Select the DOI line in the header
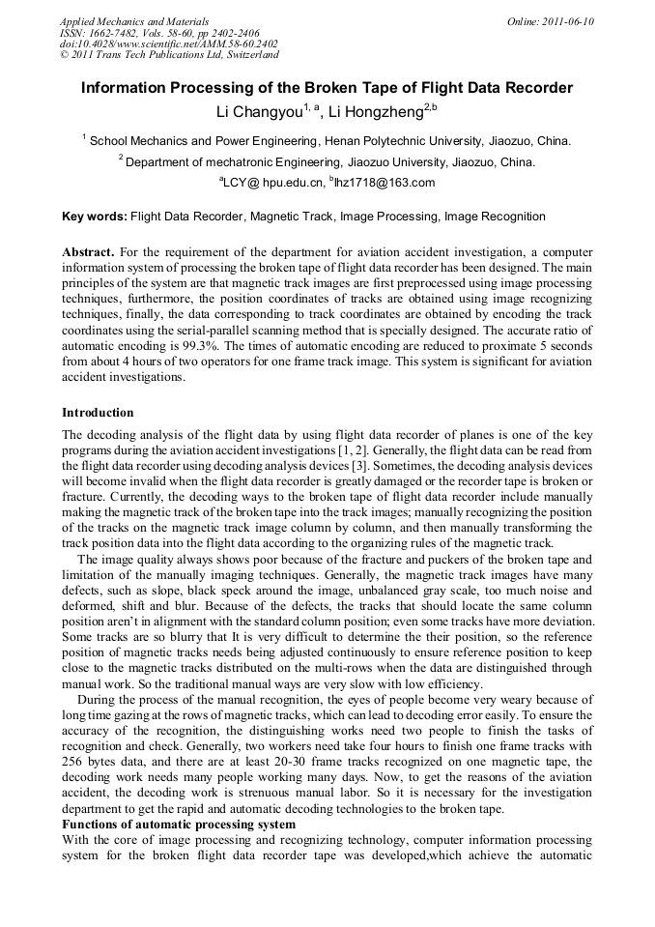click(168, 44)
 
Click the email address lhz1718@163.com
click(384, 183)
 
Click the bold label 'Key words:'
click(94, 217)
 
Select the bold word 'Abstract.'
click(88, 251)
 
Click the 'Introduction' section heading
click(98, 413)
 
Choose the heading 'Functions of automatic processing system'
click(179, 824)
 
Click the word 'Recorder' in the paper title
click(540, 88)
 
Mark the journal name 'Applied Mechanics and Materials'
click(133, 21)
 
